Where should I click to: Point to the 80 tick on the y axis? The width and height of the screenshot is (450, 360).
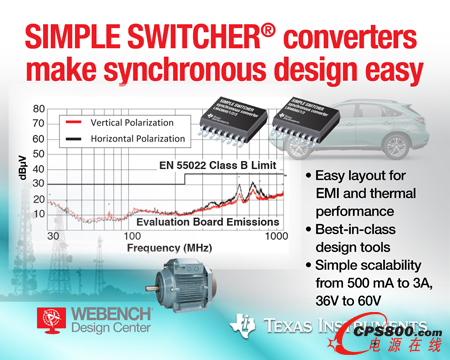tap(38, 109)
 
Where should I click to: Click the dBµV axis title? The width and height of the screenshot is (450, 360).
tap(15, 169)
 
